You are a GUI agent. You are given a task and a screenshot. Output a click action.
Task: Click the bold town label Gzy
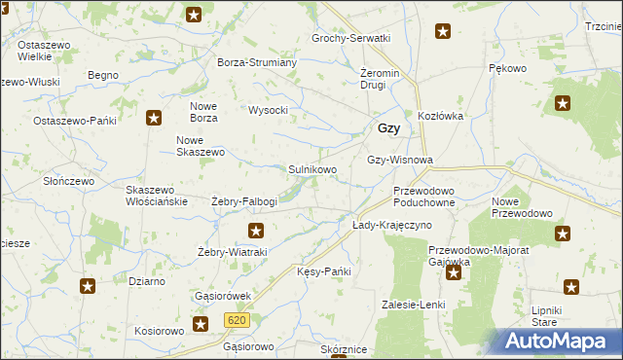click(387, 128)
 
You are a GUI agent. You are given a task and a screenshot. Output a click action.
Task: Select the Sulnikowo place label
click(312, 169)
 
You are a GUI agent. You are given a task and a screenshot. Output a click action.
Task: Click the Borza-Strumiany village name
click(257, 62)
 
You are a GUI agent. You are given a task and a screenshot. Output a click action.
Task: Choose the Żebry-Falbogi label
click(244, 201)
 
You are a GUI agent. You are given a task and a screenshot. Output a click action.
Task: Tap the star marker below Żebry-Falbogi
click(256, 231)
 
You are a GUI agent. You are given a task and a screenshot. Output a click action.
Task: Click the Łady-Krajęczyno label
click(391, 225)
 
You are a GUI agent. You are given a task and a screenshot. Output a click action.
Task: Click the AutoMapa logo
click(558, 341)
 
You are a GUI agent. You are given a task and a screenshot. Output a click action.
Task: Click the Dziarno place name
click(146, 280)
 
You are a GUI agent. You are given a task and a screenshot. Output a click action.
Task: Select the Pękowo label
click(507, 68)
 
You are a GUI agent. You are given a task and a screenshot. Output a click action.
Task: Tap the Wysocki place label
click(269, 110)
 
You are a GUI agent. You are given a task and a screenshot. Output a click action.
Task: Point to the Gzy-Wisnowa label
click(399, 160)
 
